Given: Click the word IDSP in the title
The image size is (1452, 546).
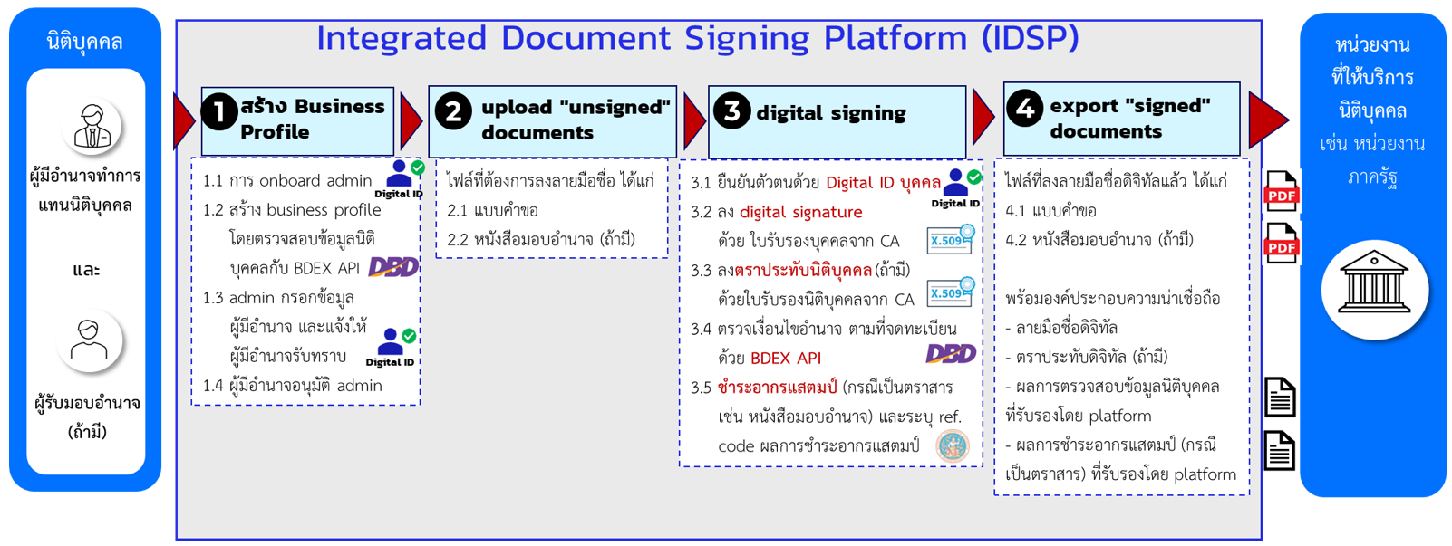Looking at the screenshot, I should [x=1030, y=39].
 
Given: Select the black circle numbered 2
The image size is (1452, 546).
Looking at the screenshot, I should [x=453, y=112].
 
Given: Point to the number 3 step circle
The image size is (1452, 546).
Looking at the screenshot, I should [x=731, y=110].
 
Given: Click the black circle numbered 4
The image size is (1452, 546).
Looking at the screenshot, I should [x=1025, y=109].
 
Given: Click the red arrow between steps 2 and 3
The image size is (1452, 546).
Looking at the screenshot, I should [x=694, y=120].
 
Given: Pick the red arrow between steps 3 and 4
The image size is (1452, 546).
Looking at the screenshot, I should [x=983, y=117].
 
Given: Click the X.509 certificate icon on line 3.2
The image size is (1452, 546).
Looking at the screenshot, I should [x=950, y=239].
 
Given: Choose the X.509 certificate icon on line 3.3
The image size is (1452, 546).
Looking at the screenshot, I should [x=950, y=292].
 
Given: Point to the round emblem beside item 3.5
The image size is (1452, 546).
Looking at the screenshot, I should [x=953, y=445].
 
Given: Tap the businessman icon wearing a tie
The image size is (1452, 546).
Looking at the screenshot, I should [x=92, y=126].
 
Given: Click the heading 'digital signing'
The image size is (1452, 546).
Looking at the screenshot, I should [x=830, y=113].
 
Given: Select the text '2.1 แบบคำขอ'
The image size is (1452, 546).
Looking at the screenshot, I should [x=492, y=210].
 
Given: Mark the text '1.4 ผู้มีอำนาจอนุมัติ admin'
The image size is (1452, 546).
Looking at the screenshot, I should [x=292, y=386].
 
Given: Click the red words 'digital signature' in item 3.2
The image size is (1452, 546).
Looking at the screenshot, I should [x=800, y=212].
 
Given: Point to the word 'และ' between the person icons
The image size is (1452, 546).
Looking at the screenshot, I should [x=86, y=270].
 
